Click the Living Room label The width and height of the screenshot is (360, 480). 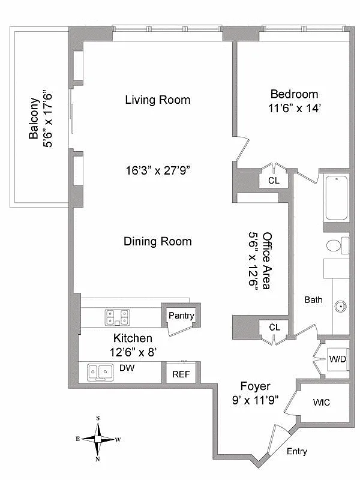coord(157,100)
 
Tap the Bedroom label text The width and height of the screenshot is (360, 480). coord(294,94)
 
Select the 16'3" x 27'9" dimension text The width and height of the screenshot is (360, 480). coord(158,170)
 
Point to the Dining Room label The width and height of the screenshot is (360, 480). coord(157,241)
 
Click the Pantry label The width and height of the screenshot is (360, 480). coord(181,316)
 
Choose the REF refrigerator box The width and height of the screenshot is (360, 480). coord(181,373)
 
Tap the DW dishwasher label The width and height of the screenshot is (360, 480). coord(126,367)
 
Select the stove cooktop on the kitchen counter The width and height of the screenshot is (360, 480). coord(118,316)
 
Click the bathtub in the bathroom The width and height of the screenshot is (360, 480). coord(337,198)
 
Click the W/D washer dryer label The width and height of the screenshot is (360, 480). coord(337,359)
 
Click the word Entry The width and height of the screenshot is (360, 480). coord(298,451)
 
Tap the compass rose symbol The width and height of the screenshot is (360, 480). coord(97,439)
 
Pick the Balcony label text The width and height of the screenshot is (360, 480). coord(40,118)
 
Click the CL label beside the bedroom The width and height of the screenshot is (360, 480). coord(274,180)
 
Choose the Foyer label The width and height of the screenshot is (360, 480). coord(255,386)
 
